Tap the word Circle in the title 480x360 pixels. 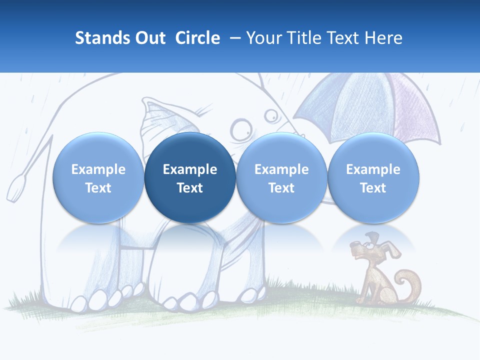[197, 38]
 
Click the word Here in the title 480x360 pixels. [383, 38]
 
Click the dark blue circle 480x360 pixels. [190, 178]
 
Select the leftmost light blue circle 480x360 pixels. [98, 178]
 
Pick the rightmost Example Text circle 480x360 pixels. [373, 178]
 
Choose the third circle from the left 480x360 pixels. [281, 178]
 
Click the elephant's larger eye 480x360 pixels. [242, 129]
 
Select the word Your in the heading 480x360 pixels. [263, 38]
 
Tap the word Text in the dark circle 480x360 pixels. [190, 188]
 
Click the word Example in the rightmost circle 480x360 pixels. [373, 169]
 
